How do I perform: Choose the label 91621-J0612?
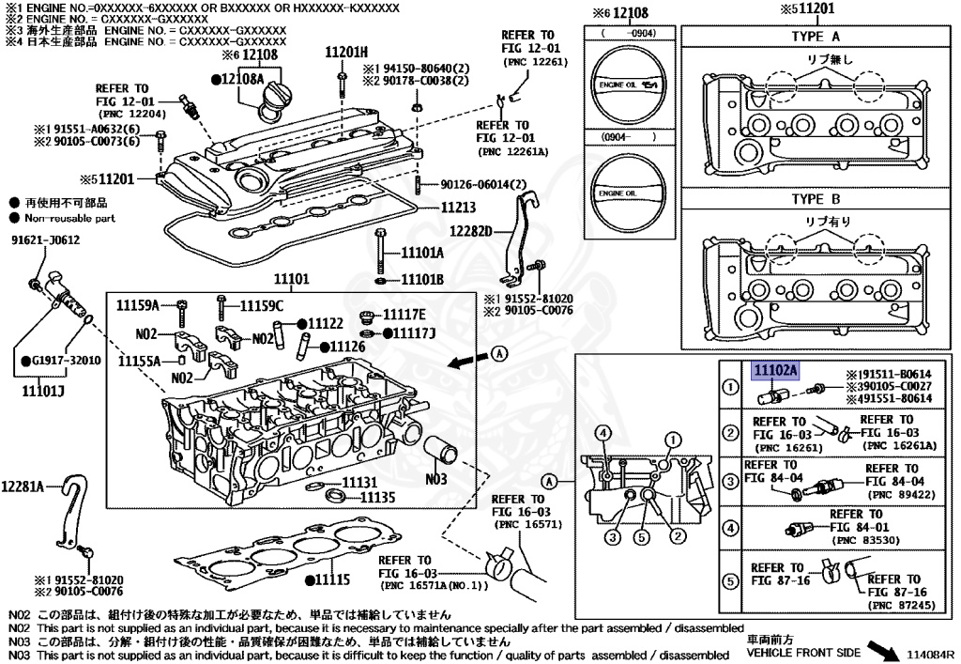[x=45, y=239]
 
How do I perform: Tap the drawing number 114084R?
[x=930, y=653]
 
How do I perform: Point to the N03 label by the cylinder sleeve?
[x=436, y=479]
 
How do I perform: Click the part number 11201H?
[x=346, y=51]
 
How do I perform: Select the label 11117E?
[x=405, y=314]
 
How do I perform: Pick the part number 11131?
[x=360, y=481]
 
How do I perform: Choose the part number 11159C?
[x=261, y=304]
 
